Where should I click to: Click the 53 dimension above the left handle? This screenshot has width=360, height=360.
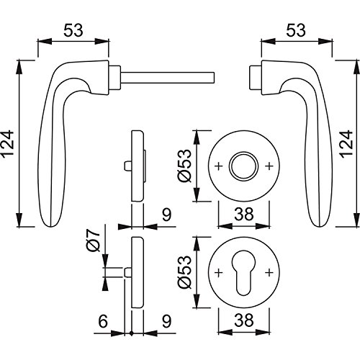pos(73,30)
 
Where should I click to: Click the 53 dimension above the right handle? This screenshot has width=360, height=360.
pos(296,30)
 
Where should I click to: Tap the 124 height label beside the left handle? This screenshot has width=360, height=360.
pos(7,145)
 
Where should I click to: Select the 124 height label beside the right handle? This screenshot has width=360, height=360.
pos(346,145)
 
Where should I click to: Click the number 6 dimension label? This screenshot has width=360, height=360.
pos(103,321)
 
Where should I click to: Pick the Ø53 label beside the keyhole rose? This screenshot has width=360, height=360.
pos(184,272)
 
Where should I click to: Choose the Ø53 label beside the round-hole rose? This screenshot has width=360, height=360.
pos(184,166)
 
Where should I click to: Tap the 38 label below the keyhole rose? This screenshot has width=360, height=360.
pos(244,320)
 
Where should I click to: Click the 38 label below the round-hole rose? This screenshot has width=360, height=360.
pos(244,214)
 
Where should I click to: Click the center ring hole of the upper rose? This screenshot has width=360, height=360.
pos(244,166)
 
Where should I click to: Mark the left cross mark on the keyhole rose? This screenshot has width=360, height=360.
pos(218,273)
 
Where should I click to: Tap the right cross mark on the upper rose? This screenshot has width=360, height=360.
pos(269,166)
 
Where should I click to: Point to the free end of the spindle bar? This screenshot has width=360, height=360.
pos(214,77)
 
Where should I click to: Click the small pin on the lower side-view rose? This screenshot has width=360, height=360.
pos(127,272)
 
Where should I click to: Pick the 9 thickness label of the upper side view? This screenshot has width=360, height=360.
pos(166,215)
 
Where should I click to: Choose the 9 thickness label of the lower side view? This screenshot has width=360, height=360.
pos(166,321)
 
